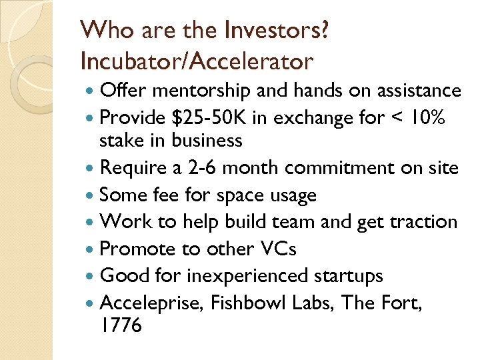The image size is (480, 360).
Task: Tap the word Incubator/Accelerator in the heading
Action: tap(196, 61)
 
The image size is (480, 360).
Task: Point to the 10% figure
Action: tap(430, 117)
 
